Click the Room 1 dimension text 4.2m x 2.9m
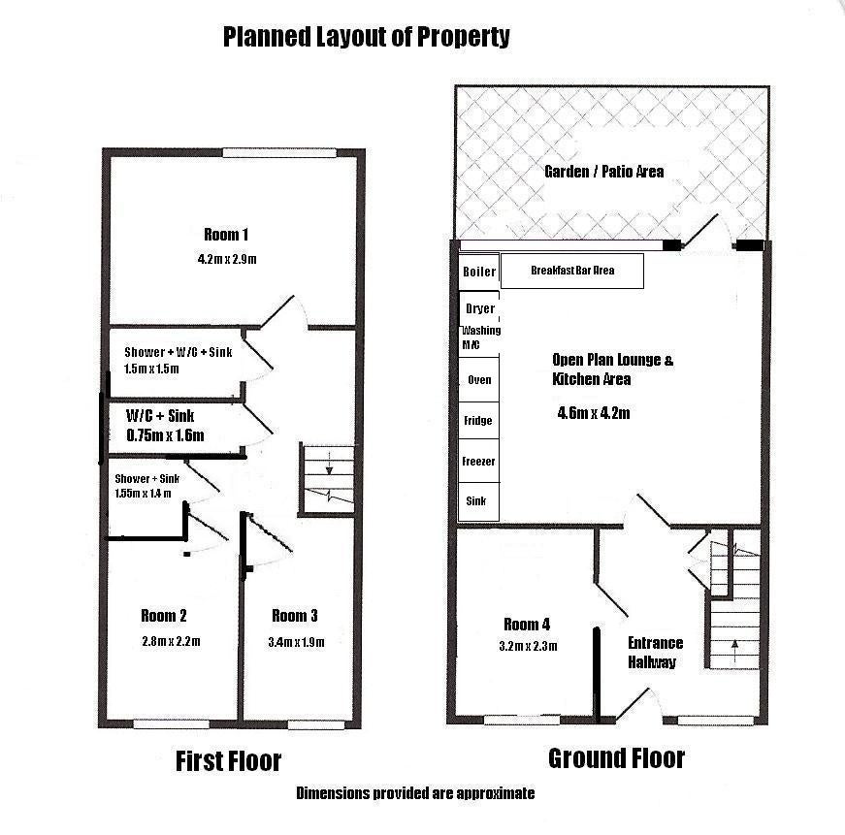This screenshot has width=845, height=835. [x=227, y=259]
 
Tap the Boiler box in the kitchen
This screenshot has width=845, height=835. [x=479, y=272]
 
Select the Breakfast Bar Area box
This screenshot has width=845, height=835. [x=572, y=271]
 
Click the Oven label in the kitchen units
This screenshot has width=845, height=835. [x=479, y=380]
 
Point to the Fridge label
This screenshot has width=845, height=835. [x=478, y=420]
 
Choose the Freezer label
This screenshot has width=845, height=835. [x=478, y=461]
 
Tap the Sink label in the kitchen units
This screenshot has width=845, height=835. [x=475, y=501]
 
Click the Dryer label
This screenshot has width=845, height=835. [x=480, y=308]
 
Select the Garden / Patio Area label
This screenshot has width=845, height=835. [x=604, y=172]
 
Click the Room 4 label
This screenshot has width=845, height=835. [x=527, y=625]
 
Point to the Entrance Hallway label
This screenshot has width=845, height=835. [x=655, y=653]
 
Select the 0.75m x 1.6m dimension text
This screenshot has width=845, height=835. [x=166, y=435]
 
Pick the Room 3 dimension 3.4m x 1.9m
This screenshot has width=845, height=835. [x=297, y=642]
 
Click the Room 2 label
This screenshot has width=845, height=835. [x=164, y=616]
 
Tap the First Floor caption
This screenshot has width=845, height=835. [x=229, y=761]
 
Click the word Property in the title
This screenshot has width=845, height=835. [x=464, y=37]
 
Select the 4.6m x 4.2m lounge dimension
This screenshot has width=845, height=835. [x=594, y=413]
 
